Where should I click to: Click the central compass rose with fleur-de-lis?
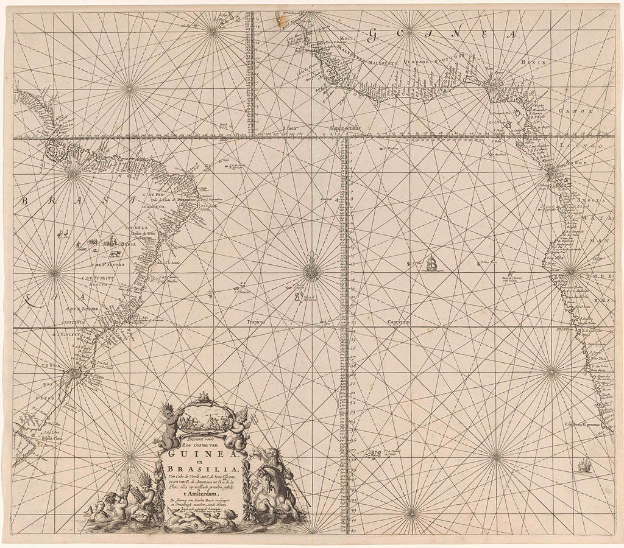pyautogui.click(x=312, y=270)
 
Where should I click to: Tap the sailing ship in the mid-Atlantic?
pyautogui.click(x=432, y=264)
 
